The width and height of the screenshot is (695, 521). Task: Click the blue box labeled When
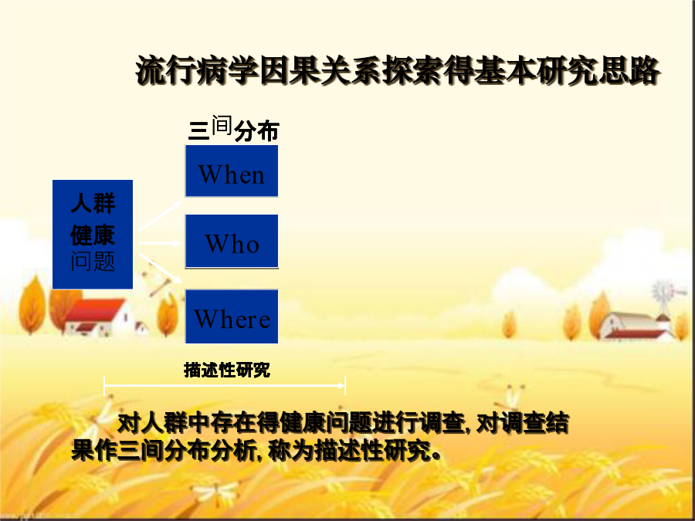click(232, 171)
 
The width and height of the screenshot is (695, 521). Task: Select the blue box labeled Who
click(232, 242)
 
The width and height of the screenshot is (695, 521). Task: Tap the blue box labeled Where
click(232, 316)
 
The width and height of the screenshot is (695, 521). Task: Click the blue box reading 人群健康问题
click(93, 235)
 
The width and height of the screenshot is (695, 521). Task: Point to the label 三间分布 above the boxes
click(233, 129)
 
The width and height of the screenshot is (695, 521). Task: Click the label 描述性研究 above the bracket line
click(227, 370)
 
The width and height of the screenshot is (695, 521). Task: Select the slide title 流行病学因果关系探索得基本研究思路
click(398, 70)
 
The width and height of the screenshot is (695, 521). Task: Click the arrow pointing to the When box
click(160, 216)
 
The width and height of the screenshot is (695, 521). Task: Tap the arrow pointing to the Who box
click(160, 243)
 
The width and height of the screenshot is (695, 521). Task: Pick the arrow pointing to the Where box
click(161, 269)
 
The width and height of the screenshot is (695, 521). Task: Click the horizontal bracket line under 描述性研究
click(225, 386)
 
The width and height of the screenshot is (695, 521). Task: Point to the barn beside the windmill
click(635, 326)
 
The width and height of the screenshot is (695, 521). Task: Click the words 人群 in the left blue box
click(93, 203)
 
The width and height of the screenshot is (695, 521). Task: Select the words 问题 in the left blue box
click(93, 262)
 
